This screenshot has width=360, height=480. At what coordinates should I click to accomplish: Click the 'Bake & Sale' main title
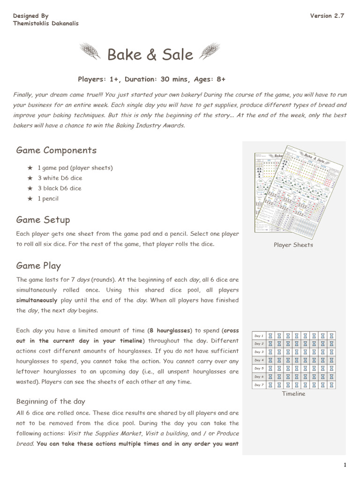coord(150,55)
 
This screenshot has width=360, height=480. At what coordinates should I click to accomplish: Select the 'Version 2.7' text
coord(327,15)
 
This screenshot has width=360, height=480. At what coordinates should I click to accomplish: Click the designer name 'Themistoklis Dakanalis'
coord(46,23)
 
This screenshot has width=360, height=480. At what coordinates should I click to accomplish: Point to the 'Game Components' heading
coord(56,150)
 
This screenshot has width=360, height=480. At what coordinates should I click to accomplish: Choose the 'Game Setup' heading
coord(43,220)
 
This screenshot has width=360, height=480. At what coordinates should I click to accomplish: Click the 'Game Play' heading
coord(38,266)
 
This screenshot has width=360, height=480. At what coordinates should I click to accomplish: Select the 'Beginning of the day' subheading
coord(51,401)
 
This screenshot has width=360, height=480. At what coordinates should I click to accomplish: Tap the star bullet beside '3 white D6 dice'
coord(30,178)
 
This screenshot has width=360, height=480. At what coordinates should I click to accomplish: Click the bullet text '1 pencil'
coord(48,199)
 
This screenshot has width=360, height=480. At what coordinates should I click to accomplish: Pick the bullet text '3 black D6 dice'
coord(60,188)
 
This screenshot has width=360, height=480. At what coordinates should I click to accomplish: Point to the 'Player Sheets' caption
coord(293,245)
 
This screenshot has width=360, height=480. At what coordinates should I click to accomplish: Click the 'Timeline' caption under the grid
coord(293,394)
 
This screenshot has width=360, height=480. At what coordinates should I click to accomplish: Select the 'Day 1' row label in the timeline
coord(259,336)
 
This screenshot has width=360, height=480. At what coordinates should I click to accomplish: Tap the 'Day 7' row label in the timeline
coord(259,385)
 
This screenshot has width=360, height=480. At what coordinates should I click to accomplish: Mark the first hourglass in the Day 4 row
coord(270,360)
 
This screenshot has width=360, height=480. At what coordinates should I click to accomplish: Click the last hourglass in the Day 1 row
coord(331,336)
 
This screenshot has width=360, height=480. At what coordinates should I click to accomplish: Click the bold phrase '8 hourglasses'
coord(171,330)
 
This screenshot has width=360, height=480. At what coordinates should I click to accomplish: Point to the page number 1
coord(345,465)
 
